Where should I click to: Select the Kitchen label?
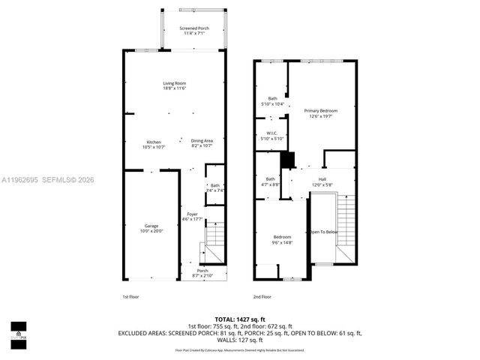point(153,143)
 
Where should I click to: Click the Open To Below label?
point(325,232)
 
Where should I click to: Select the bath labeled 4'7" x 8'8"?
point(270,181)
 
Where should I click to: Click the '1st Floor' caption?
point(130,297)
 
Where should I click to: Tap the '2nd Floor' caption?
point(262,297)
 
